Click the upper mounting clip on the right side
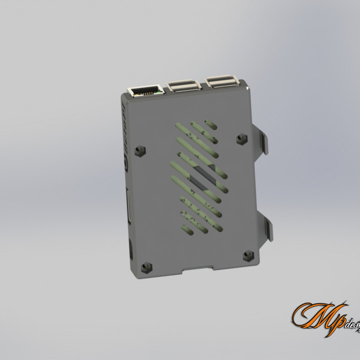click(263, 140)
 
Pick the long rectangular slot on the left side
click(127, 205)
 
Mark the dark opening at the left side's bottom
click(130, 249)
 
